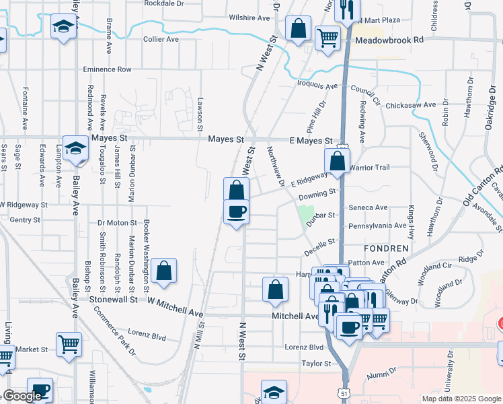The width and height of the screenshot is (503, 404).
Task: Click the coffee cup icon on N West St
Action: [x=236, y=212]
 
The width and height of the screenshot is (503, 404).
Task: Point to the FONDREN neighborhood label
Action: [x=389, y=248]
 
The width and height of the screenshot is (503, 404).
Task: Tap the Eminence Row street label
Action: [x=107, y=69]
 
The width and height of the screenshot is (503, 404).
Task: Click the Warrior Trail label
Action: [x=369, y=167]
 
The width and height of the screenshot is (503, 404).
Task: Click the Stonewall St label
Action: [x=115, y=298]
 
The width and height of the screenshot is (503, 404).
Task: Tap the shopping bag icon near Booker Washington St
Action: [x=163, y=271]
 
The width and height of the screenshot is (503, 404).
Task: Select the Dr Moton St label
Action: [x=117, y=222]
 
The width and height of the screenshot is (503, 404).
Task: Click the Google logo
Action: [x=22, y=396]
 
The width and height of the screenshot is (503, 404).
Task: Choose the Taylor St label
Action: [x=317, y=364]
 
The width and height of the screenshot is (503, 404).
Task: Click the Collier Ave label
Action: [x=161, y=39]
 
